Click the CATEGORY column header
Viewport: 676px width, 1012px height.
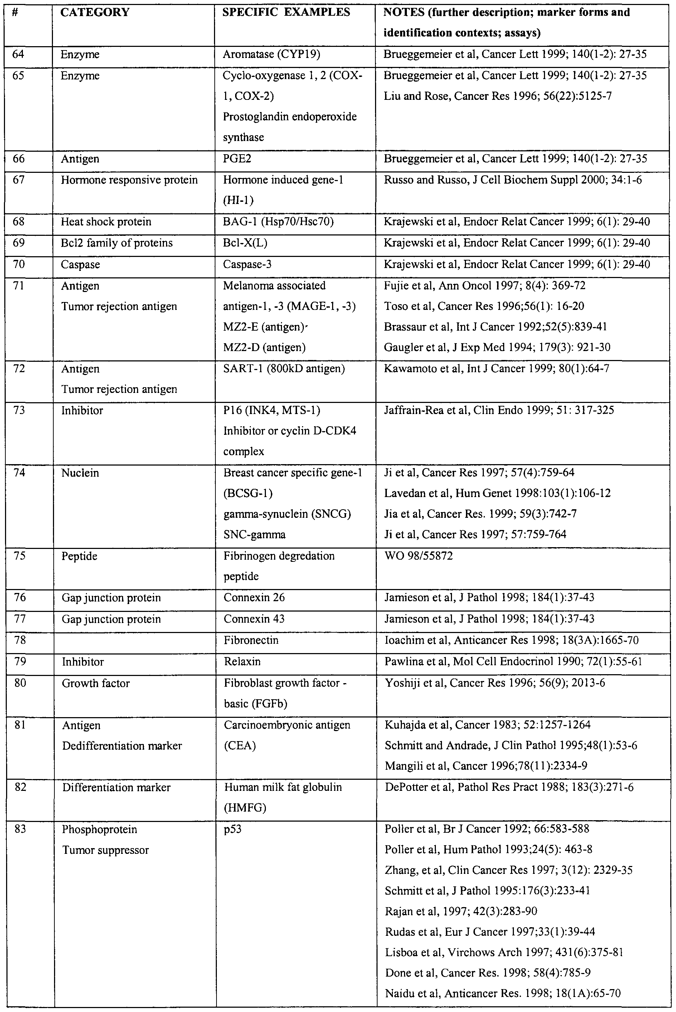click(95, 13)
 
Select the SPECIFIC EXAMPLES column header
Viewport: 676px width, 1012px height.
click(286, 13)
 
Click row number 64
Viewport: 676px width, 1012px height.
click(18, 54)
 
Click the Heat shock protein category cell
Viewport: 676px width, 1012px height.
click(106, 222)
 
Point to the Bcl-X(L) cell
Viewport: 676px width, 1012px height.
click(245, 243)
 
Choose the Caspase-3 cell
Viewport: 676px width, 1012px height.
click(247, 264)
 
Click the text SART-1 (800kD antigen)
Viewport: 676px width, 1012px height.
click(284, 369)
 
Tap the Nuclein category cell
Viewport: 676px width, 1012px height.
click(80, 473)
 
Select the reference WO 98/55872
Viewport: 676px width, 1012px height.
click(418, 556)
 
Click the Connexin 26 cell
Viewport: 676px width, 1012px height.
click(254, 598)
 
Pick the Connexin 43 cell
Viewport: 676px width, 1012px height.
click(254, 619)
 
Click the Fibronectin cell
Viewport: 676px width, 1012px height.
click(251, 641)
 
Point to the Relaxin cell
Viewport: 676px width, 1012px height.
click(242, 662)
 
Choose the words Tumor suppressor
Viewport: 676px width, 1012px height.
click(105, 850)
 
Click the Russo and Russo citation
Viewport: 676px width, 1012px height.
click(512, 180)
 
